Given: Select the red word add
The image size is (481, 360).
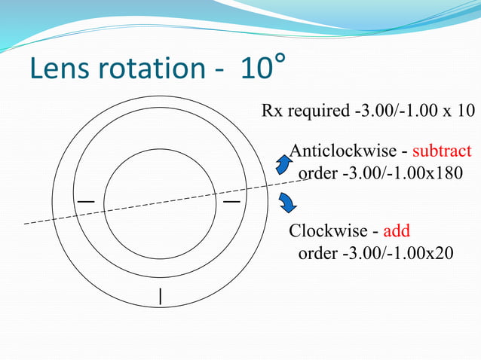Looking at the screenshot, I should (x=397, y=230).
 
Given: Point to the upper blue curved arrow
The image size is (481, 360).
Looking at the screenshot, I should (x=283, y=164).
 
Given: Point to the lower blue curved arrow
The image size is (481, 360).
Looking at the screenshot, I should (x=286, y=203).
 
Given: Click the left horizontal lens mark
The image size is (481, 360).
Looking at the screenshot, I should (x=86, y=202).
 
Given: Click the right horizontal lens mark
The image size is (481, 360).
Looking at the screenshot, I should (x=231, y=202).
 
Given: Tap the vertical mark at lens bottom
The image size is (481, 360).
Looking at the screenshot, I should (x=161, y=296).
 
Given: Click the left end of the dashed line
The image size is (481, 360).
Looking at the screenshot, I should (x=26, y=224).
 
